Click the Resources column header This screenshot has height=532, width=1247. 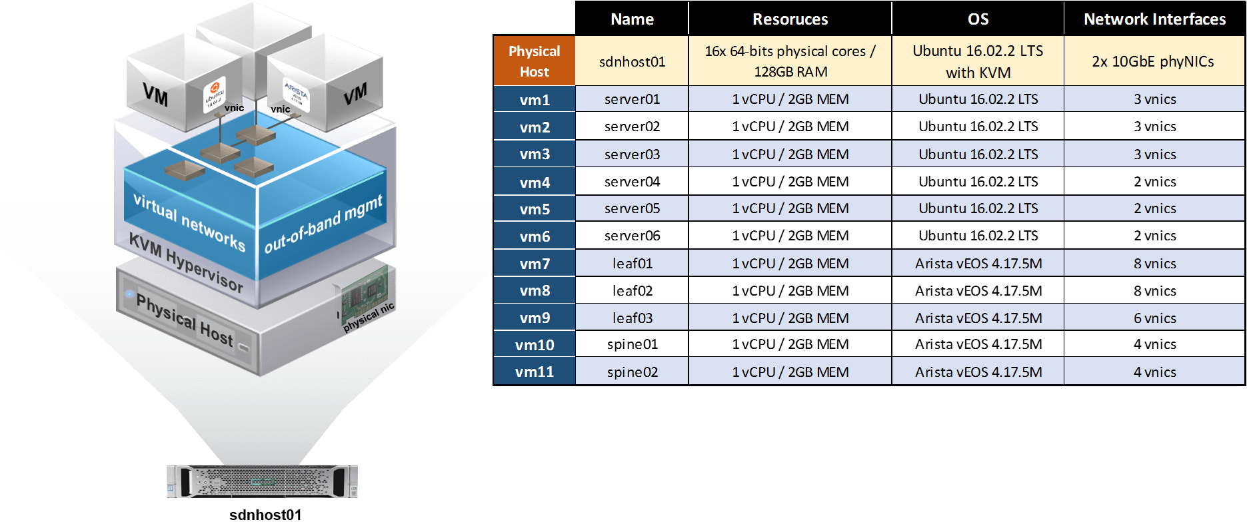[x=790, y=19]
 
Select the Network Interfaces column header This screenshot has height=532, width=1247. [x=1154, y=19]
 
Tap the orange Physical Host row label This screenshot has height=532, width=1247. [x=534, y=61]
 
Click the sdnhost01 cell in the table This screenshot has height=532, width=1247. [x=632, y=62]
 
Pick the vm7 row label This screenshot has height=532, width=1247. [x=535, y=264]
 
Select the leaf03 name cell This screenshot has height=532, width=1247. [x=632, y=318]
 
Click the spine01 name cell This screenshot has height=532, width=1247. [x=632, y=344]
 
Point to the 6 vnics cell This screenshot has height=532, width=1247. [x=1154, y=318]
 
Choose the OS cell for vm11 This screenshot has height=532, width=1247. [x=978, y=372]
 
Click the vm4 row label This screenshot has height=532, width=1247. [x=535, y=182]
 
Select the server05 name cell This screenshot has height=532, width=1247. [x=632, y=208]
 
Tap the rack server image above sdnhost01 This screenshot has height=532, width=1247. [x=262, y=481]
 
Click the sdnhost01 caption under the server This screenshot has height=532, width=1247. [x=265, y=515]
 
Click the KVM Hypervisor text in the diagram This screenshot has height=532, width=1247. [x=186, y=263]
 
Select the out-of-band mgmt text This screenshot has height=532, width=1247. [x=323, y=224]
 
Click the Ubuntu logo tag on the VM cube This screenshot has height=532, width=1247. [x=215, y=95]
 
